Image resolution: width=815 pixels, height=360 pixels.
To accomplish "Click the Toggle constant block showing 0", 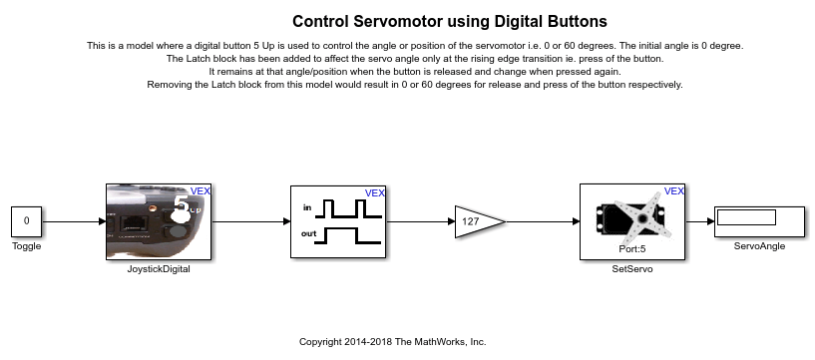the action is tap(27, 221).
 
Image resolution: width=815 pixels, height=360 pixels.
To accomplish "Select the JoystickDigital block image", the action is tap(159, 221).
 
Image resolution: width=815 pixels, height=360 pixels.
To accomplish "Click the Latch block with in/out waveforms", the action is tap(338, 221).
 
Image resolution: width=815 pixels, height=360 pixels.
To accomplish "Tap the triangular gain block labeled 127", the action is tap(480, 221).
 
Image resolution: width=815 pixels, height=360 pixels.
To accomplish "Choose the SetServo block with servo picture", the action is tap(632, 221).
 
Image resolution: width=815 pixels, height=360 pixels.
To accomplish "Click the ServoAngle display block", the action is tap(759, 221).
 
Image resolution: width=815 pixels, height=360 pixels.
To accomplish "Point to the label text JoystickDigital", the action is tap(159, 269).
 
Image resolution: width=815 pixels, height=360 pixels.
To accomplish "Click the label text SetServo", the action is tap(632, 269).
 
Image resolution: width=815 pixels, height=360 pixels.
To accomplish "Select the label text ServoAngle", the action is tap(759, 246).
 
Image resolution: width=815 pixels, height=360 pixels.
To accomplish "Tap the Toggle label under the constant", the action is tap(27, 246).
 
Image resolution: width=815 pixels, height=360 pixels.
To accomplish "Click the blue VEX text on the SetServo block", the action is tap(674, 191).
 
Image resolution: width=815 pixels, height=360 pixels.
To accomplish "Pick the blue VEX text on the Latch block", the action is tap(375, 193).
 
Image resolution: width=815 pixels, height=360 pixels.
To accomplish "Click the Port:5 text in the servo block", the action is tap(632, 249).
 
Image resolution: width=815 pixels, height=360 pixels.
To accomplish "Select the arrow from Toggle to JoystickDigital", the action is tap(74, 221).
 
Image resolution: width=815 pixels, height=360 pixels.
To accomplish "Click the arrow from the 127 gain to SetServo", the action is tap(543, 221).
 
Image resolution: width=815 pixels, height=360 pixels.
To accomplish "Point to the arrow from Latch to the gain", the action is tap(421, 221).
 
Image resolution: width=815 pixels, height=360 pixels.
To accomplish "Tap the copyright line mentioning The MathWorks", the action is tap(392, 342).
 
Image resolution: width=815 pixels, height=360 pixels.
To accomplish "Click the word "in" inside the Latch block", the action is tap(307, 207).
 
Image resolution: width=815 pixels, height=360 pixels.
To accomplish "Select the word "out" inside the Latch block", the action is tap(309, 233).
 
